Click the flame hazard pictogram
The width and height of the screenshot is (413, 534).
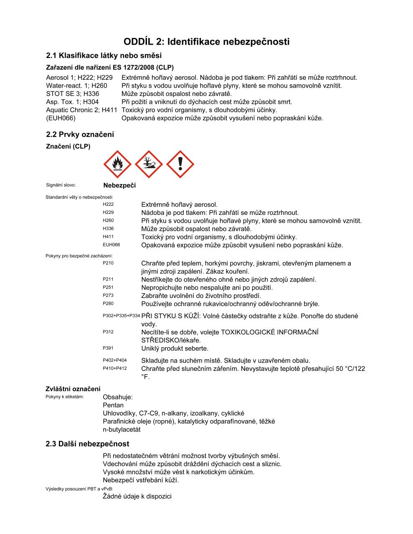(118, 164)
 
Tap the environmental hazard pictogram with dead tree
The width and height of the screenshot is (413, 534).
(149, 164)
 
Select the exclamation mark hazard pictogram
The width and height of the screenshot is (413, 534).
(180, 164)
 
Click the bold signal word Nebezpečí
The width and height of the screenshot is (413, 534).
(119, 185)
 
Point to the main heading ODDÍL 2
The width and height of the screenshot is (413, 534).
(206, 42)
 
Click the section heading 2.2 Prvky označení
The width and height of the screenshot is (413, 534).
(80, 134)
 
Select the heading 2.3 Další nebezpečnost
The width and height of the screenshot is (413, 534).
(87, 444)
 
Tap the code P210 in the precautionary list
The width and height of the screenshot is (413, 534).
(108, 263)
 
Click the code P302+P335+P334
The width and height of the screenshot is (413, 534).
(121, 316)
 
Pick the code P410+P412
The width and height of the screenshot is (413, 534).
(114, 368)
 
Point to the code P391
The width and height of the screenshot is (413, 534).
(108, 348)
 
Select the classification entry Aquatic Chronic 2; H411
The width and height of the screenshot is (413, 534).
(81, 110)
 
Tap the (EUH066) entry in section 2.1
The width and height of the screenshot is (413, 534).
(61, 118)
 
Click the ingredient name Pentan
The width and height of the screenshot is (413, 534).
(113, 405)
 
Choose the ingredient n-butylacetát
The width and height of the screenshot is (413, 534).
(122, 429)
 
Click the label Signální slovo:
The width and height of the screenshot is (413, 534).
(61, 185)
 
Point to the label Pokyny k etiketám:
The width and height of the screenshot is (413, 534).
(64, 396)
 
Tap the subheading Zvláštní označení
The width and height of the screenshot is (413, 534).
(73, 389)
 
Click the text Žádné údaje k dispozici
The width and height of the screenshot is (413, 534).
(137, 496)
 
